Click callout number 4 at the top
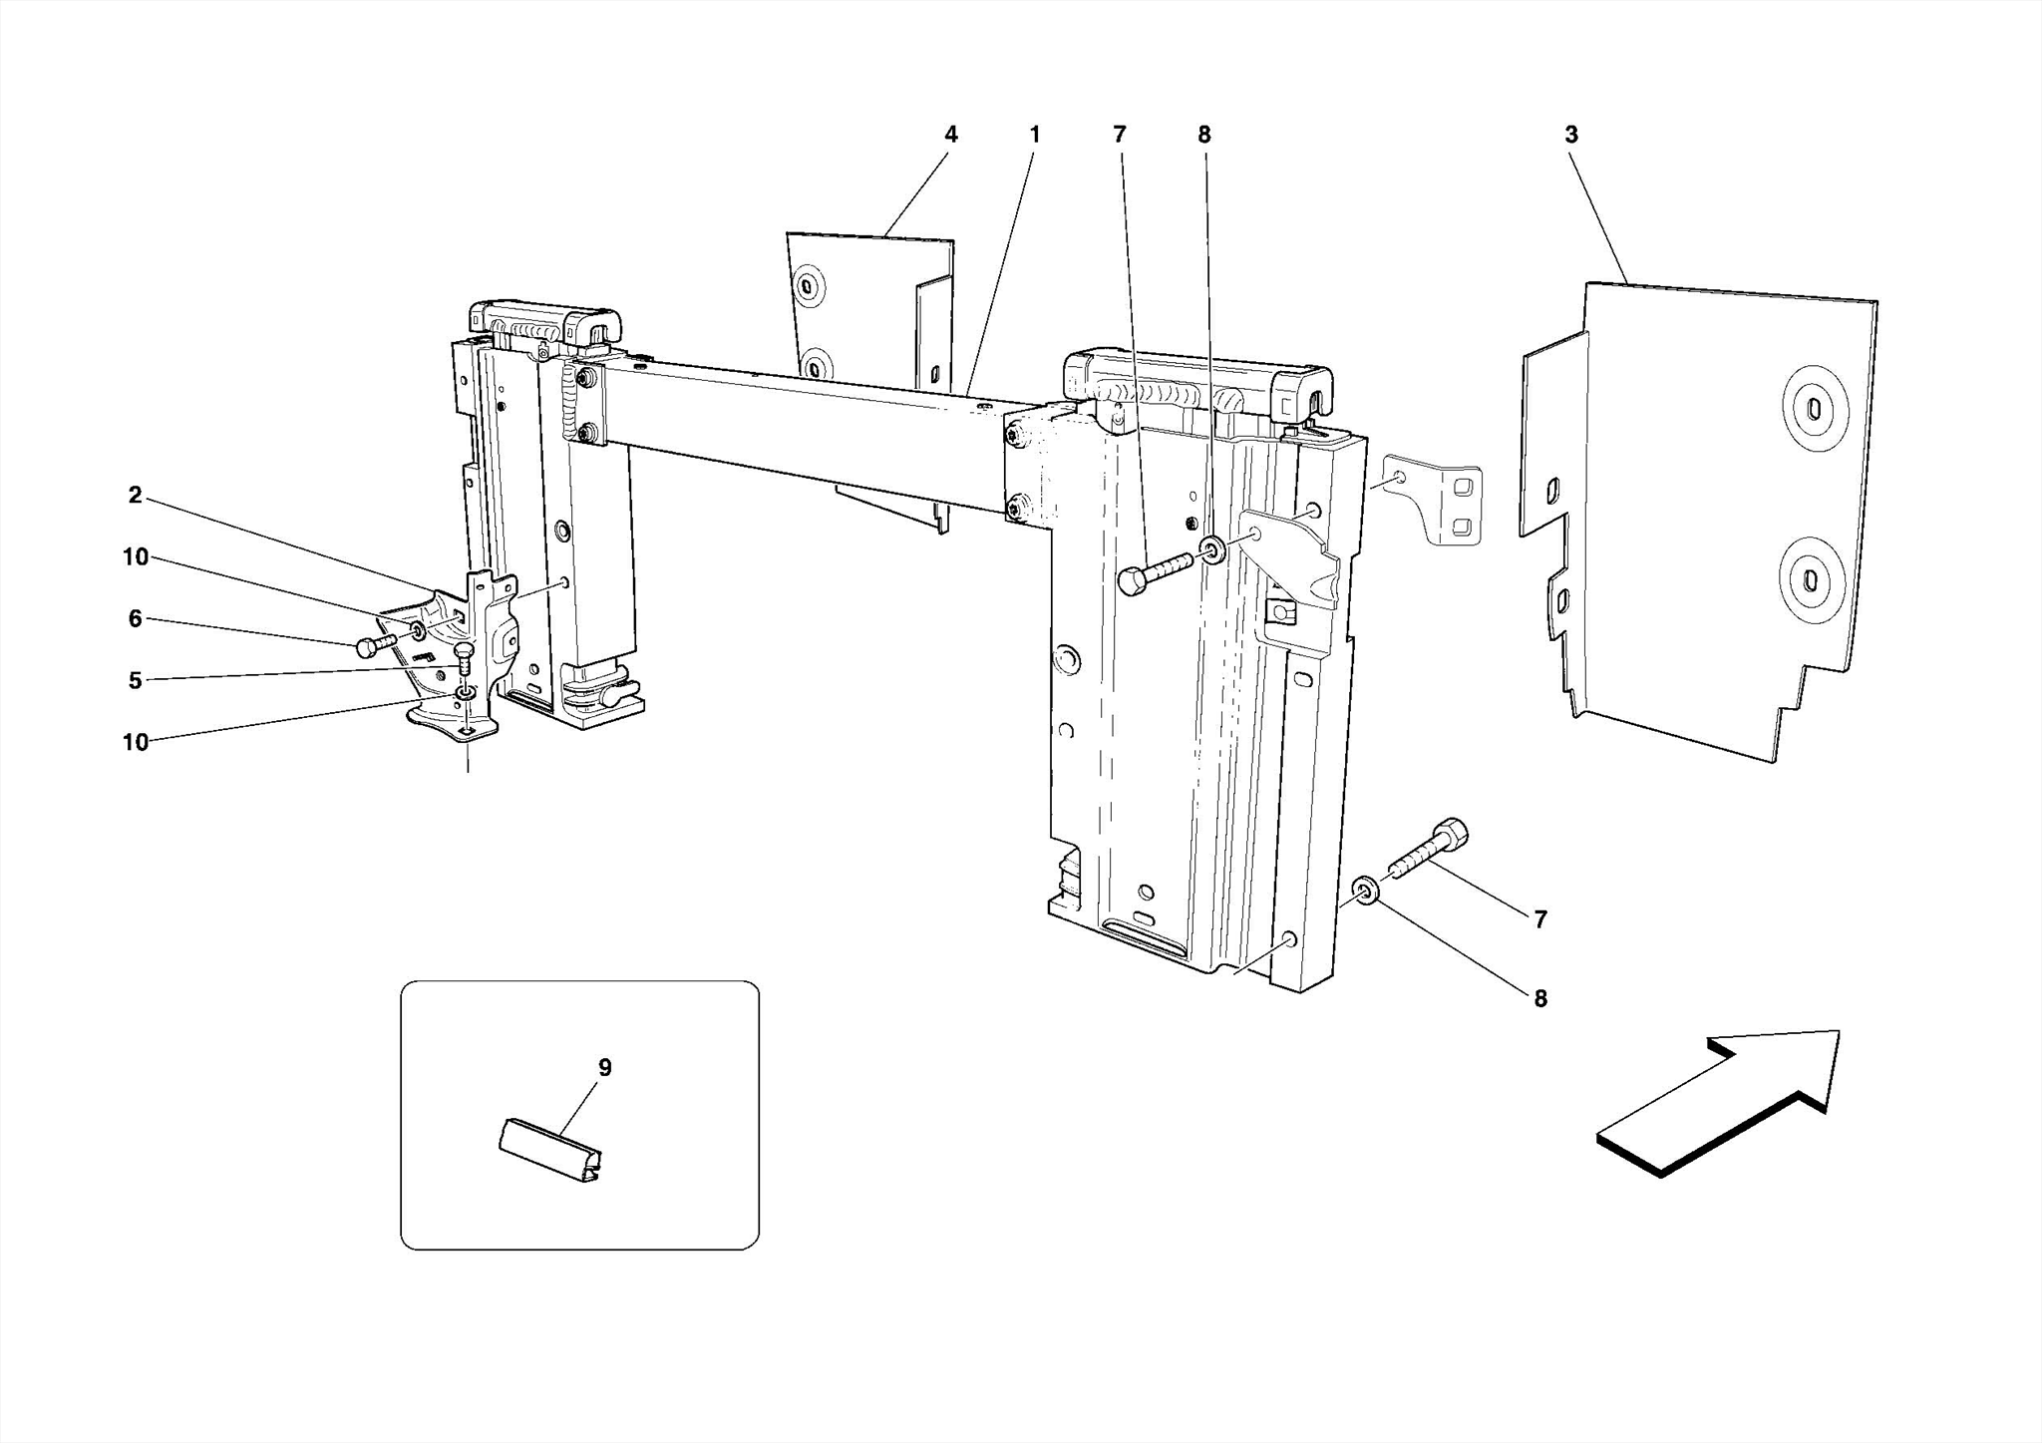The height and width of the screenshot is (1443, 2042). point(950,135)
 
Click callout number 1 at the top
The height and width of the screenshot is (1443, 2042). point(1035,135)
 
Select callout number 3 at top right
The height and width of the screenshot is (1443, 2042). point(1571,135)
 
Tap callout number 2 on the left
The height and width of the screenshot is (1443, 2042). point(135,496)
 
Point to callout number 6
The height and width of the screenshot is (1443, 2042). point(135,619)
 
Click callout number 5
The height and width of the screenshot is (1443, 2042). point(135,681)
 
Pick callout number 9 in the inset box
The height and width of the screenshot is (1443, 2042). point(604,1068)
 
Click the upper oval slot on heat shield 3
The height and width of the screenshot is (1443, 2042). point(1812,410)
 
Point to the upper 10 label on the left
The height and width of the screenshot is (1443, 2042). point(135,557)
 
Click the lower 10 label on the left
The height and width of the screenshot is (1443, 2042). point(135,743)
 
